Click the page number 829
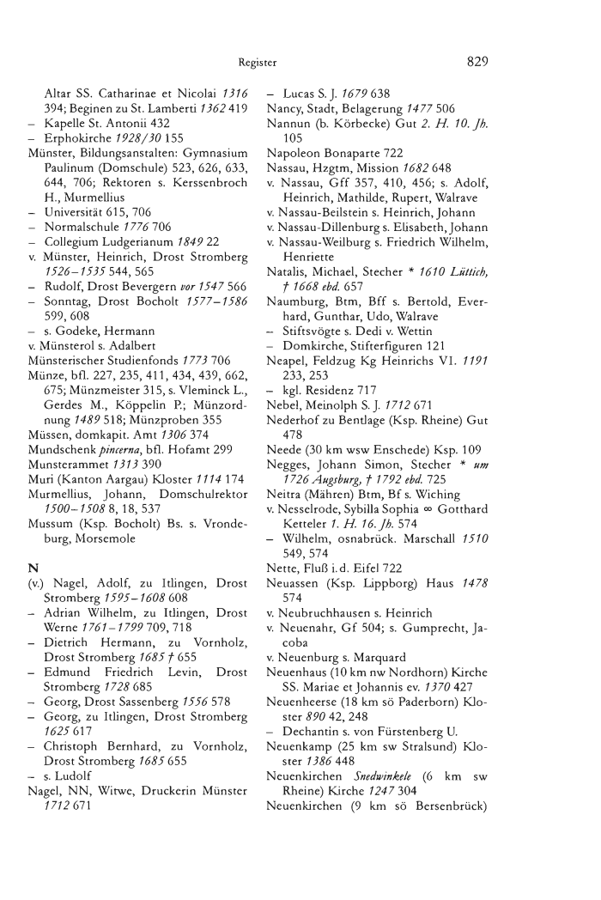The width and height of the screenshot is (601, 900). [x=477, y=61]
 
